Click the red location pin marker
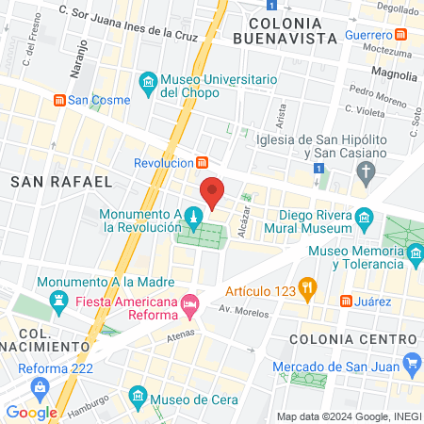[x=213, y=193]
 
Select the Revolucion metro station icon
[x=201, y=162]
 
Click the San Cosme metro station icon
[x=59, y=99]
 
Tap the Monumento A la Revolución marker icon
[x=192, y=219]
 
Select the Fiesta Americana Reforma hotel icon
[x=190, y=302]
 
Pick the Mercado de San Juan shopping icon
[x=411, y=363]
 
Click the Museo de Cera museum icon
[x=138, y=393]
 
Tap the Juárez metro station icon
[x=346, y=302]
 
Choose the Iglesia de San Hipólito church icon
[x=367, y=171]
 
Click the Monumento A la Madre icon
[x=59, y=301]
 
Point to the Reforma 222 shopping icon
[x=40, y=386]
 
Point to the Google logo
[x=32, y=412]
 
